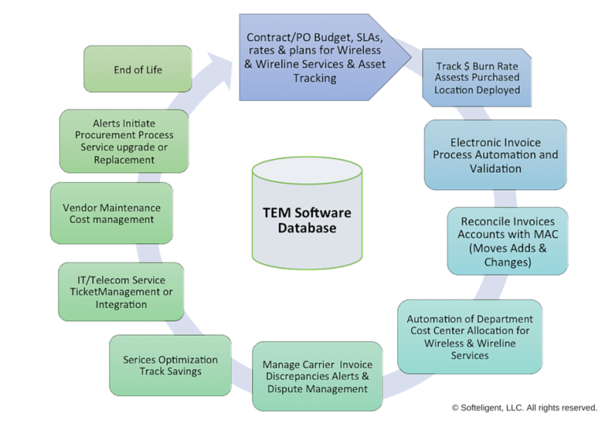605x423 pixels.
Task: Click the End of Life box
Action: [x=137, y=69]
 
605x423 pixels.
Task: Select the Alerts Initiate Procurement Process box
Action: [x=124, y=141]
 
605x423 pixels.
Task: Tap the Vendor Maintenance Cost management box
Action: [x=111, y=213]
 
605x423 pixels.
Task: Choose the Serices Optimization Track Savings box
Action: [x=170, y=365]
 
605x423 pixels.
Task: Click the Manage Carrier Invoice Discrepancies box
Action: [x=317, y=377]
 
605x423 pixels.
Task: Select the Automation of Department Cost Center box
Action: [x=470, y=337]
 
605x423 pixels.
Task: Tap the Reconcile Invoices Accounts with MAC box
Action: [x=507, y=242]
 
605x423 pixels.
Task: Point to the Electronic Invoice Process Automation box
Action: [x=495, y=155]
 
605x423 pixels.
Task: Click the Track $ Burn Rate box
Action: [x=477, y=78]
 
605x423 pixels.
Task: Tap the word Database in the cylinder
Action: [x=306, y=228]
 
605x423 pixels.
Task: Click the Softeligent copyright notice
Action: [x=524, y=407]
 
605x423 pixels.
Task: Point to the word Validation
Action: [x=495, y=169]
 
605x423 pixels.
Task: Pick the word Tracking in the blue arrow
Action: [x=314, y=78]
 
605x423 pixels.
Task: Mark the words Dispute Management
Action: [x=317, y=389]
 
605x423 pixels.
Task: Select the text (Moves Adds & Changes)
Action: [x=507, y=255]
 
